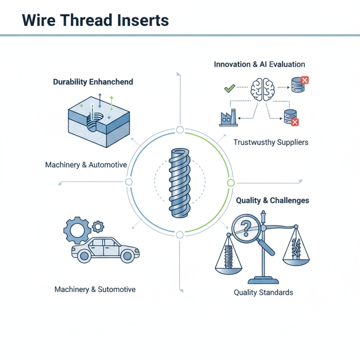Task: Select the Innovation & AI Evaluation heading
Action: click(260, 64)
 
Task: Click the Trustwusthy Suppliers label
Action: click(271, 142)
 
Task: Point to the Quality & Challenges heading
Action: click(273, 200)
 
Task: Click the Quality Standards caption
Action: click(263, 292)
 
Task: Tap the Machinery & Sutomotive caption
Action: click(95, 289)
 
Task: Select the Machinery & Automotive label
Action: click(86, 165)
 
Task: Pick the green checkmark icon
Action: click(229, 88)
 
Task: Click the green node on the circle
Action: click(231, 183)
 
